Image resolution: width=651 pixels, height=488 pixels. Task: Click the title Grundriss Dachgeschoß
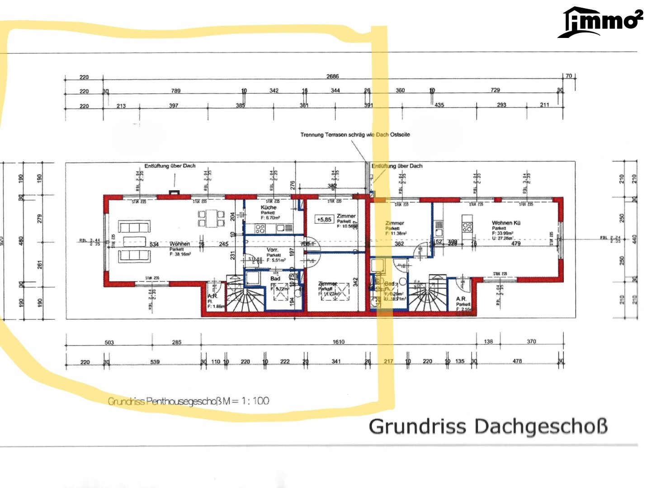(488, 427)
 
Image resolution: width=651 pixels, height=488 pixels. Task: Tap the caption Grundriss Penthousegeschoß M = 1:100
(189, 401)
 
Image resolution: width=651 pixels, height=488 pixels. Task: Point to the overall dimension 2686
(332, 76)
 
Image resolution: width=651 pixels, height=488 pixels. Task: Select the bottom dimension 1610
(338, 342)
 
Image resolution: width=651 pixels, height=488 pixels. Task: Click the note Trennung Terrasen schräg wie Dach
(355, 135)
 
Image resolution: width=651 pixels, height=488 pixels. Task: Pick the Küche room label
(269, 207)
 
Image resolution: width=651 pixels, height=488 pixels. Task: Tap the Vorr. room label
(272, 250)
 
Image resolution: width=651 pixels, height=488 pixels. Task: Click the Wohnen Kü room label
(506, 223)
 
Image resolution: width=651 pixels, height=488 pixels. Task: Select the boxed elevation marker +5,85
(324, 220)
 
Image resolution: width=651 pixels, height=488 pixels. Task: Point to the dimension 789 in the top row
(175, 91)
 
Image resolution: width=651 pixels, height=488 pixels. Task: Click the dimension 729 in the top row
(495, 90)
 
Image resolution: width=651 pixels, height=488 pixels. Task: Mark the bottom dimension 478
(517, 361)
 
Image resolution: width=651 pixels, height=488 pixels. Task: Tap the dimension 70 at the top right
(569, 76)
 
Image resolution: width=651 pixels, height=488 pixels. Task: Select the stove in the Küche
(260, 229)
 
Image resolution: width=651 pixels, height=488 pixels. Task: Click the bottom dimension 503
(109, 343)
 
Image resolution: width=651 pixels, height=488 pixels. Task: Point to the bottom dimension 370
(531, 342)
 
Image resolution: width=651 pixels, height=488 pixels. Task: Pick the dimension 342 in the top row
(274, 91)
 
